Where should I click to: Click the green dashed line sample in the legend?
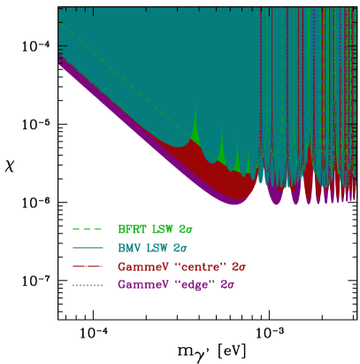tap(88, 228)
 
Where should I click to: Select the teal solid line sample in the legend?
tap(88, 247)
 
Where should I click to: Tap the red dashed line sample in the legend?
tap(88, 266)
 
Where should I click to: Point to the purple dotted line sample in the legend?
tap(88, 284)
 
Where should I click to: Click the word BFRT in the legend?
tap(131, 228)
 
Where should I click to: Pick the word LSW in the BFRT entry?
tap(162, 228)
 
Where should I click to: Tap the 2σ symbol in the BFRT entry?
tap(184, 228)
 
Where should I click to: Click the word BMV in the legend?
tap(129, 247)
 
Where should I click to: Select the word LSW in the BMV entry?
tap(158, 247)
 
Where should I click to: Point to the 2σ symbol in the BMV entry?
tap(180, 247)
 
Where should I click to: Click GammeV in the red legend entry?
tap(136, 266)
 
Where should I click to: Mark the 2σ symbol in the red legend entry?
tap(236, 266)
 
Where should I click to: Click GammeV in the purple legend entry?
tap(136, 284)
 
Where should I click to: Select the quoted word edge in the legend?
tap(186, 284)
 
